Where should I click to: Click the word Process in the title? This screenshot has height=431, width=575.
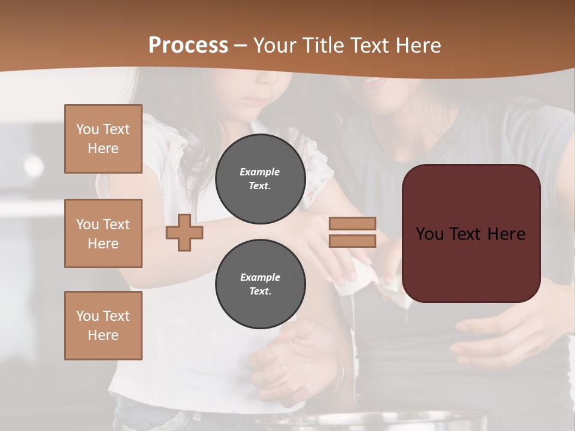click(188, 45)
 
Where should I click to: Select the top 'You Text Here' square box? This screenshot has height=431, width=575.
click(103, 139)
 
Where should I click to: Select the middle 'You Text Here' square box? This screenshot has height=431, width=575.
click(103, 233)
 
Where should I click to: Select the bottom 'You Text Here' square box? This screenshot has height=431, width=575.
click(103, 326)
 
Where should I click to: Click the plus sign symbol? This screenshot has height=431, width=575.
click(184, 232)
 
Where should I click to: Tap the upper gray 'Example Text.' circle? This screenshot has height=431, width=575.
click(260, 179)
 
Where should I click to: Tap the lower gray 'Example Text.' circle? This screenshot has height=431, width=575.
click(260, 284)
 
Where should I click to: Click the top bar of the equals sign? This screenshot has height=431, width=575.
click(352, 223)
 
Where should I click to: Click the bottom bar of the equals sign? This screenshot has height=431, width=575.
click(352, 241)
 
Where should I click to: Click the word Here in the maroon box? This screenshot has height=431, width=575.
click(506, 234)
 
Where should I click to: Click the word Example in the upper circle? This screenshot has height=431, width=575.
click(260, 172)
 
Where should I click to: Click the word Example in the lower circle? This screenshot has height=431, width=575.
click(260, 277)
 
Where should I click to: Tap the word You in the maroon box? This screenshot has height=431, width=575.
click(429, 234)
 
